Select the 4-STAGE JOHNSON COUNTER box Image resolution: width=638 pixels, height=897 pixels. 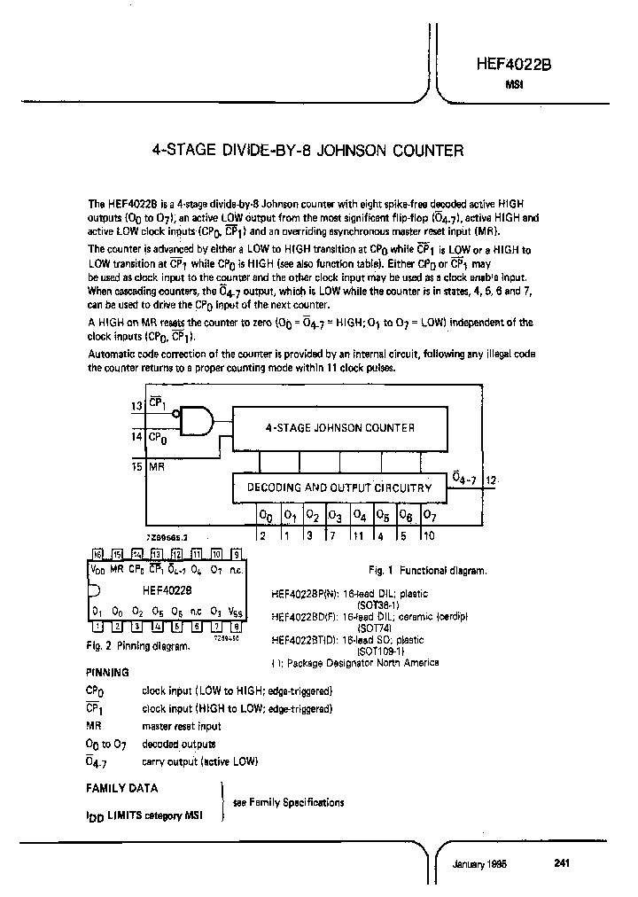click(x=339, y=428)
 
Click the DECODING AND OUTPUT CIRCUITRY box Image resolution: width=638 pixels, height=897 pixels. click(x=339, y=487)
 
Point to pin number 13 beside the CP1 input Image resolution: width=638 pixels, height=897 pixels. click(x=136, y=406)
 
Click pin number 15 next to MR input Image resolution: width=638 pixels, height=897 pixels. click(x=136, y=464)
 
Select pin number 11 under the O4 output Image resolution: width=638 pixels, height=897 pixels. click(x=359, y=534)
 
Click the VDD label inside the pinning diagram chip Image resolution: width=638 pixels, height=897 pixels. click(x=97, y=569)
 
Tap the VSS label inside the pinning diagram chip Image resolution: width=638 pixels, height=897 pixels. click(x=234, y=612)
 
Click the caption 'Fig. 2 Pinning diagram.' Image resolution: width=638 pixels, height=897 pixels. click(x=137, y=646)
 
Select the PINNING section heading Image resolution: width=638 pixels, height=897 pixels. click(x=107, y=673)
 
